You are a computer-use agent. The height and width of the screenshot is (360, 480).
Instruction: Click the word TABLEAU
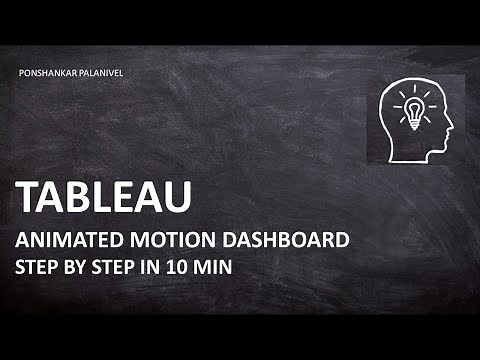click(x=105, y=198)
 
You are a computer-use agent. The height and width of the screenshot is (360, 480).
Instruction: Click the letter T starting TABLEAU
click(x=28, y=198)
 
